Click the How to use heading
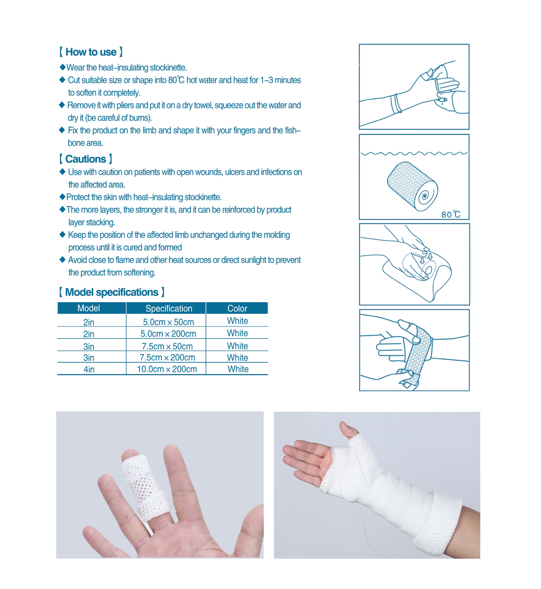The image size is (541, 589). pos(91,52)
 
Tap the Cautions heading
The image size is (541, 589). pos(85,159)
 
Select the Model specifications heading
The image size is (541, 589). pos(112,292)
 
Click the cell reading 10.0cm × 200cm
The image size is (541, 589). pos(167,369)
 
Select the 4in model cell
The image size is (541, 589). pos(89,369)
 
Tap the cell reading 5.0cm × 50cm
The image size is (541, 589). pos(168,322)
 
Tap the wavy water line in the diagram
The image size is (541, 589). pos(414,153)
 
